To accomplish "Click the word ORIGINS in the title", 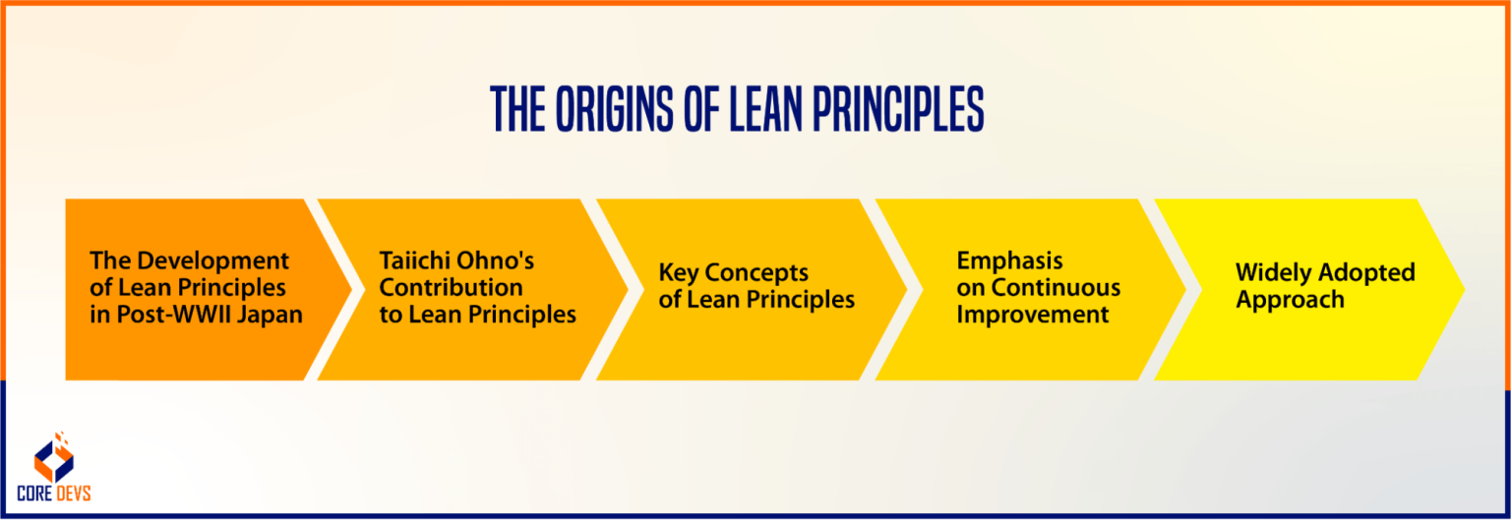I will (611, 110).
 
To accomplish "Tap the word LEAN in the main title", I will (773, 110).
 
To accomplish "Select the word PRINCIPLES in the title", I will (907, 110).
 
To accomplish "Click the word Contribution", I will (452, 288).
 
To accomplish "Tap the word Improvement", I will (1033, 316).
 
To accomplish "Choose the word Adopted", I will (1369, 272).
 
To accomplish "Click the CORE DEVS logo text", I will (54, 493).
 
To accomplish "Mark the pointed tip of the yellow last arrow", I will (1463, 289).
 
